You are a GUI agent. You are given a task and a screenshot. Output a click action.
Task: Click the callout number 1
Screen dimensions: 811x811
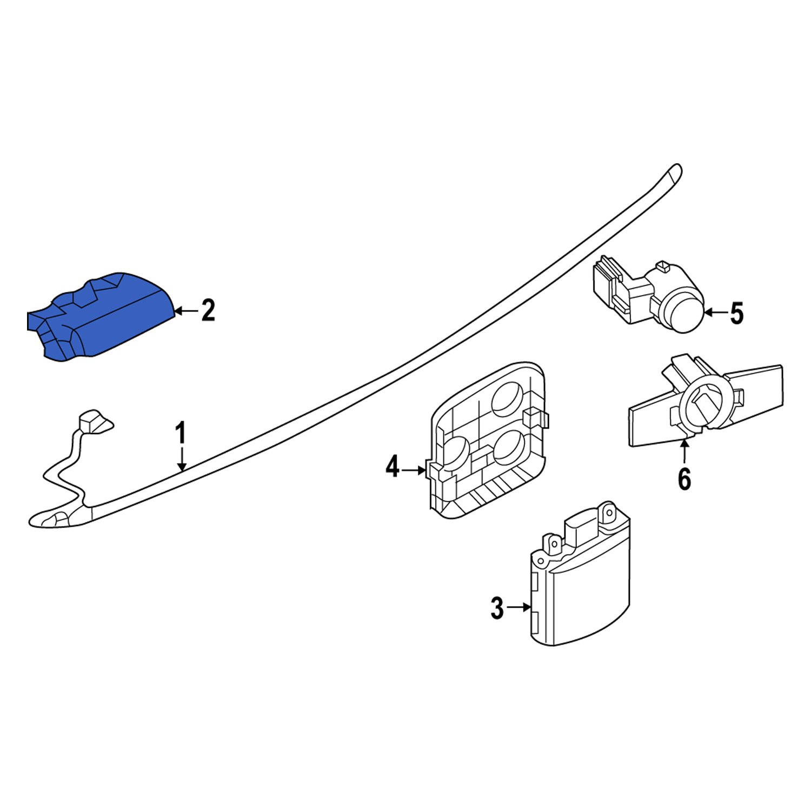point(181,434)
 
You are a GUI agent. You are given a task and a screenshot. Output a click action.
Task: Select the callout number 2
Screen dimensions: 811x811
point(208,311)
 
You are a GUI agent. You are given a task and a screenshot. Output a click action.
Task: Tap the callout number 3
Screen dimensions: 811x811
point(497,608)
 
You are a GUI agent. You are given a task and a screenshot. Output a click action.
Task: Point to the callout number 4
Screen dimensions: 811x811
point(392,467)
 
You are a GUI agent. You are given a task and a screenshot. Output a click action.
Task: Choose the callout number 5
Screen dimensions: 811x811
point(737,313)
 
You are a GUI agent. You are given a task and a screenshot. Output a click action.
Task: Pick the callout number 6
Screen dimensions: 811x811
point(684,478)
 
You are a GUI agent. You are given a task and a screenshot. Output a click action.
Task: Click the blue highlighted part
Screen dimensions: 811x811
point(103,319)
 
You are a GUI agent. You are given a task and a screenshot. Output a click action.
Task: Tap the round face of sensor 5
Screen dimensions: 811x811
point(684,312)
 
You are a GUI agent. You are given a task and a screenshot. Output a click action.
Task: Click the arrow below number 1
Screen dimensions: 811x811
point(182,460)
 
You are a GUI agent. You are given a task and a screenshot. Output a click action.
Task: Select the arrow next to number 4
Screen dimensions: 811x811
point(414,470)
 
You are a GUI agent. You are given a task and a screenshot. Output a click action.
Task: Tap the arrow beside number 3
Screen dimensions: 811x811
point(519,608)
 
